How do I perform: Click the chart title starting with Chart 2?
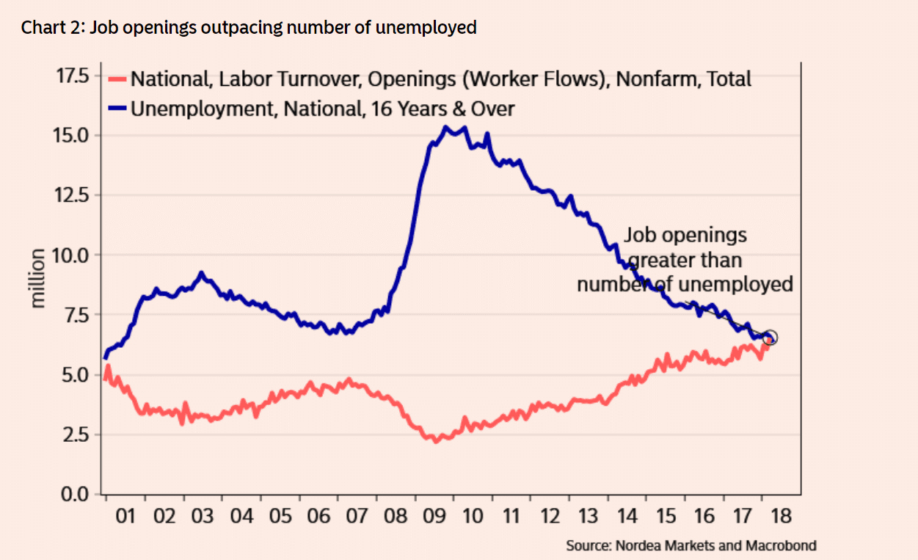[x=249, y=28]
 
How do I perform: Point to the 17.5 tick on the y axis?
[x=78, y=76]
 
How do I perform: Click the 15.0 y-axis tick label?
[x=78, y=136]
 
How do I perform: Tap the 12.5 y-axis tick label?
[x=78, y=195]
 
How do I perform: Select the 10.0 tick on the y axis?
[x=78, y=255]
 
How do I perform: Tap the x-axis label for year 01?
[x=126, y=516]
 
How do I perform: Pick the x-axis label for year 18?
[x=782, y=516]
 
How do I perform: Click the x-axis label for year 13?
[x=589, y=516]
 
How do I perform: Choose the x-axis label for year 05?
[x=280, y=516]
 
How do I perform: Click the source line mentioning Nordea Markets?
[x=691, y=546]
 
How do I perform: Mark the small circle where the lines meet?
[x=770, y=338]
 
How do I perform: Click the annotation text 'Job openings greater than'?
[x=685, y=247]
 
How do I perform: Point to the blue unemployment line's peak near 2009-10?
[x=445, y=127]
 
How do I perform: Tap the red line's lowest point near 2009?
[x=435, y=441]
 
